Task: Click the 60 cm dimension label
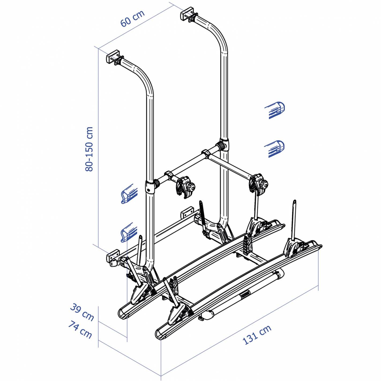[x=133, y=18]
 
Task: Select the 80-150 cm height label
[x=89, y=149]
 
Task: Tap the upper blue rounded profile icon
[x=275, y=110]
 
